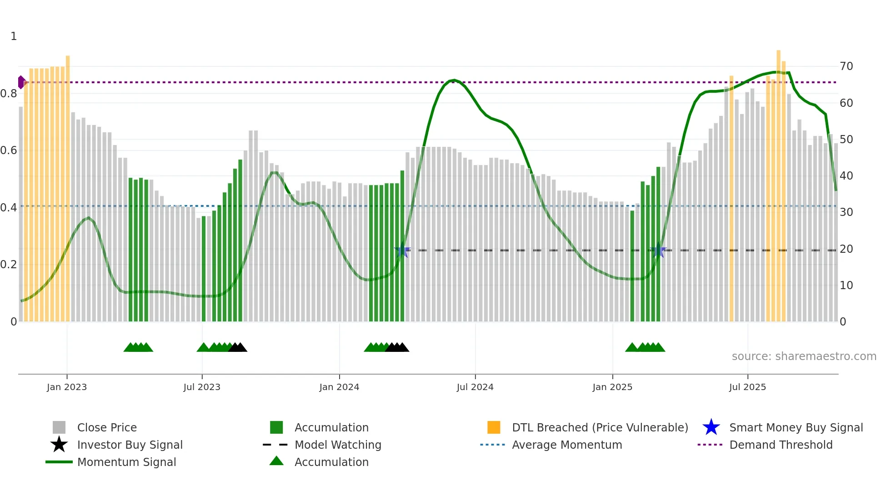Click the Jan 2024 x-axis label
coord(339,387)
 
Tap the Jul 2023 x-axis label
coord(202,387)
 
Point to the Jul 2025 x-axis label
coord(747,387)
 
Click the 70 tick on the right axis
coord(846,66)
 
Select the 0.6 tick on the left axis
coord(9,150)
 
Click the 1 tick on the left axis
coord(14,36)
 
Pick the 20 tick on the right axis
coord(846,249)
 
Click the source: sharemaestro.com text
coord(804,356)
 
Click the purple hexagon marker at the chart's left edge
coord(21,82)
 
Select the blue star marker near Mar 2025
coord(658,250)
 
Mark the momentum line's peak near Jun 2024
coord(454,80)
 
